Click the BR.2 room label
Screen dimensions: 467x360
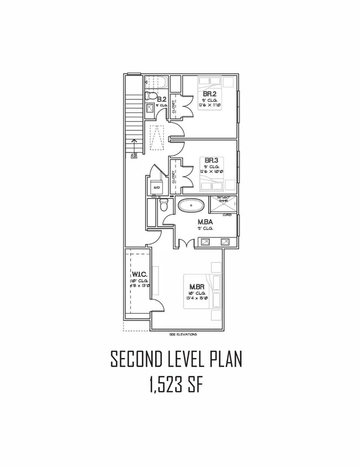[x=209, y=94]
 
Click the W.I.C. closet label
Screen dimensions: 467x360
[x=138, y=274]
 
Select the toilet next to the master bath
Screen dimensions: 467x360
[x=163, y=205]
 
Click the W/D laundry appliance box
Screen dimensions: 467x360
[x=157, y=189]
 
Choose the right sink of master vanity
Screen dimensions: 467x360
[x=225, y=241]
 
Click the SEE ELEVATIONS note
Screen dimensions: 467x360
[x=183, y=335]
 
